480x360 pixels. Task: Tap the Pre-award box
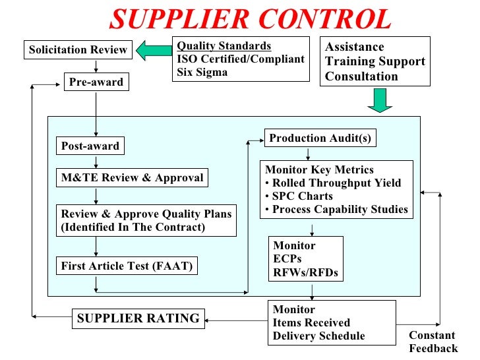click(x=96, y=83)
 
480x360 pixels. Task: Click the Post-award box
click(x=90, y=146)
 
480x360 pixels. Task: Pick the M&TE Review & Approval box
click(x=132, y=178)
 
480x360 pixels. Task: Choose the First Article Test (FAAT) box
click(x=127, y=266)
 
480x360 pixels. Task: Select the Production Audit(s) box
click(x=320, y=138)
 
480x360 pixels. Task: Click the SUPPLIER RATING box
click(x=138, y=318)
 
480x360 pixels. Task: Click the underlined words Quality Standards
click(x=224, y=46)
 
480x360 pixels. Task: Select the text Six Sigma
click(x=202, y=73)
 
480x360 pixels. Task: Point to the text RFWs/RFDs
click(x=305, y=272)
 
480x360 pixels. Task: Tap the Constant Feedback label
click(x=433, y=342)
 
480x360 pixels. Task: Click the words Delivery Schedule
click(x=318, y=336)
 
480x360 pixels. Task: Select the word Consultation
click(x=361, y=76)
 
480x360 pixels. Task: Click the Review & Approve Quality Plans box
click(x=146, y=221)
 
